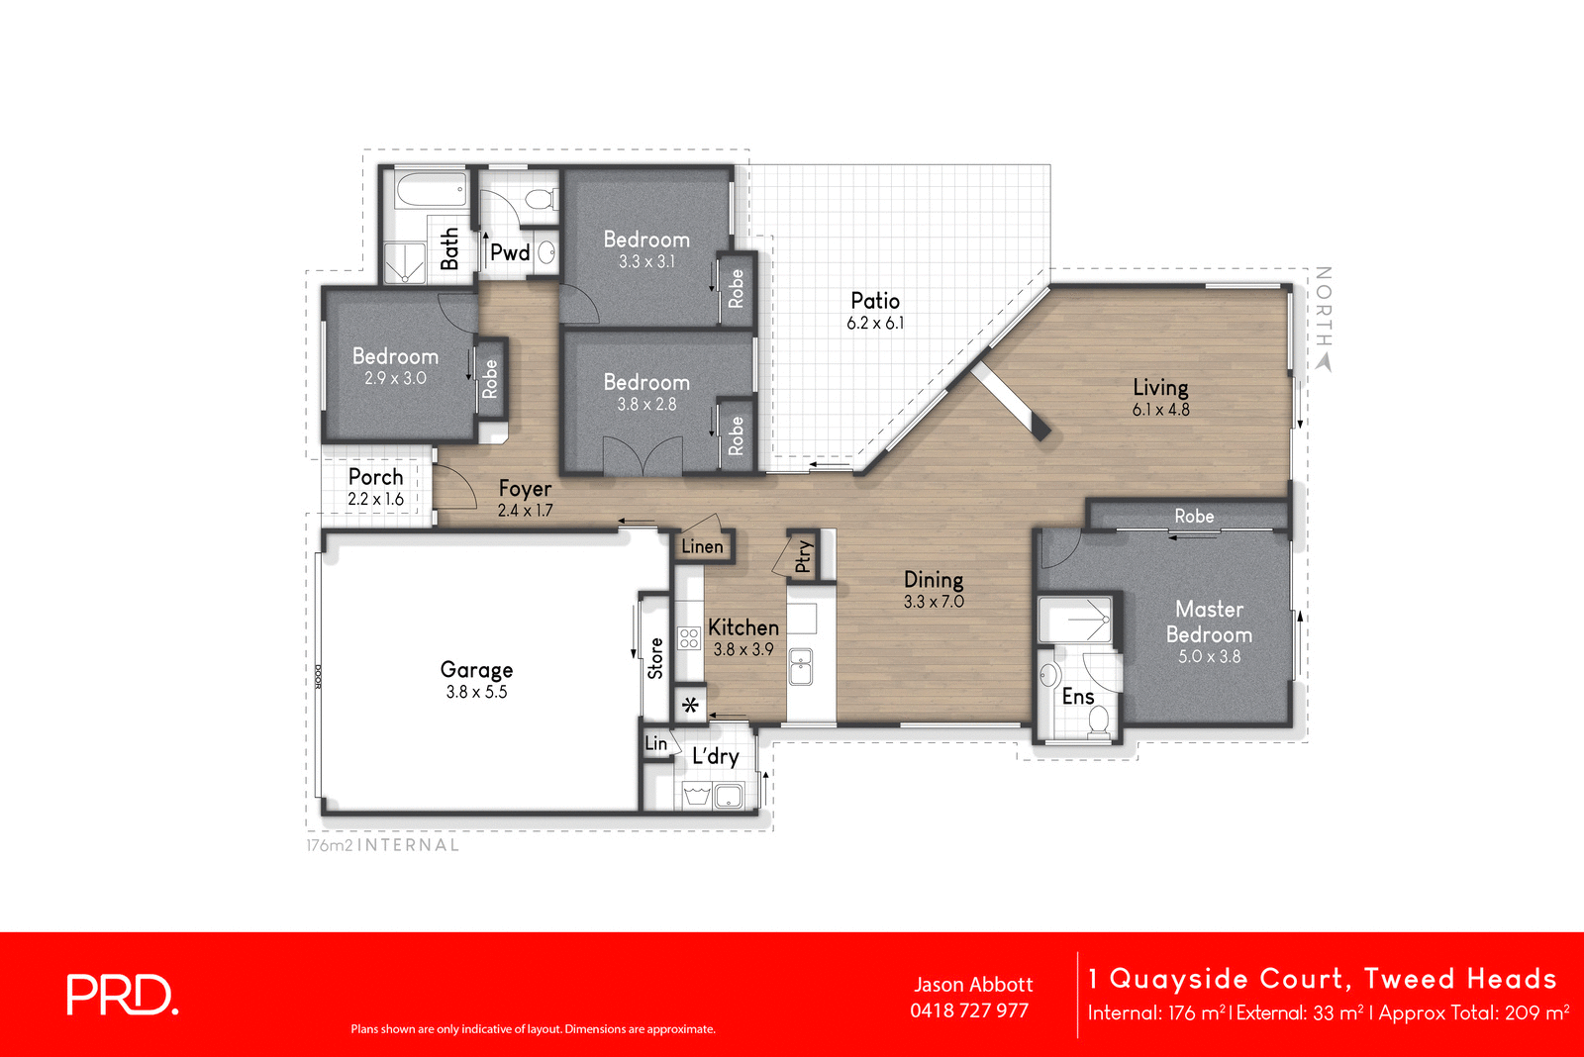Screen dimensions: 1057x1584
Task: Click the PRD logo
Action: [x=122, y=995]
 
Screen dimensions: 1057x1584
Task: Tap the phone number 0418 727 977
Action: [x=969, y=1010]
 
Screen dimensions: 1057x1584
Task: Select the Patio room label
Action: [x=875, y=301]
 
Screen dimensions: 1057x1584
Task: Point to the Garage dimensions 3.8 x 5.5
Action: [x=476, y=693]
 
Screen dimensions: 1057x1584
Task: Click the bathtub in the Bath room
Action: [x=431, y=189]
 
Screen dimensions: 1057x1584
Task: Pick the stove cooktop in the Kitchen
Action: [x=689, y=637]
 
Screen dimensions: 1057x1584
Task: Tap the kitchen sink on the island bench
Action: [x=801, y=667]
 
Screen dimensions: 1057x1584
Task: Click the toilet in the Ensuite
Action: [x=1098, y=724]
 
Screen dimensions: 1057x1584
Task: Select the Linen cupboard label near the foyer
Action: [x=702, y=546]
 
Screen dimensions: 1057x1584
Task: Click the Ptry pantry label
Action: [x=804, y=556]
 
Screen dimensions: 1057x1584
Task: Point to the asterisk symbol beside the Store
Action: [x=691, y=706]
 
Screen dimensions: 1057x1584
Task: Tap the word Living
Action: [x=1160, y=387]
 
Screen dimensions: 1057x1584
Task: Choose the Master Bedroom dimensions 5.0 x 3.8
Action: [x=1209, y=656]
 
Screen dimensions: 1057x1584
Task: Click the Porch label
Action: [x=375, y=477]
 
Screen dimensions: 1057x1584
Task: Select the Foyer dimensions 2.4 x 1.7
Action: [x=525, y=511]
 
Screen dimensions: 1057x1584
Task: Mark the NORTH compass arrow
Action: [x=1324, y=362]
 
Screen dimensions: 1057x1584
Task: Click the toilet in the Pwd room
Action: [x=540, y=199]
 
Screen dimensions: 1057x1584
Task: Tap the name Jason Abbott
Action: [x=973, y=985]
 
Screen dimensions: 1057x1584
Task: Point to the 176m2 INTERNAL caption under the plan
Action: [x=383, y=845]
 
